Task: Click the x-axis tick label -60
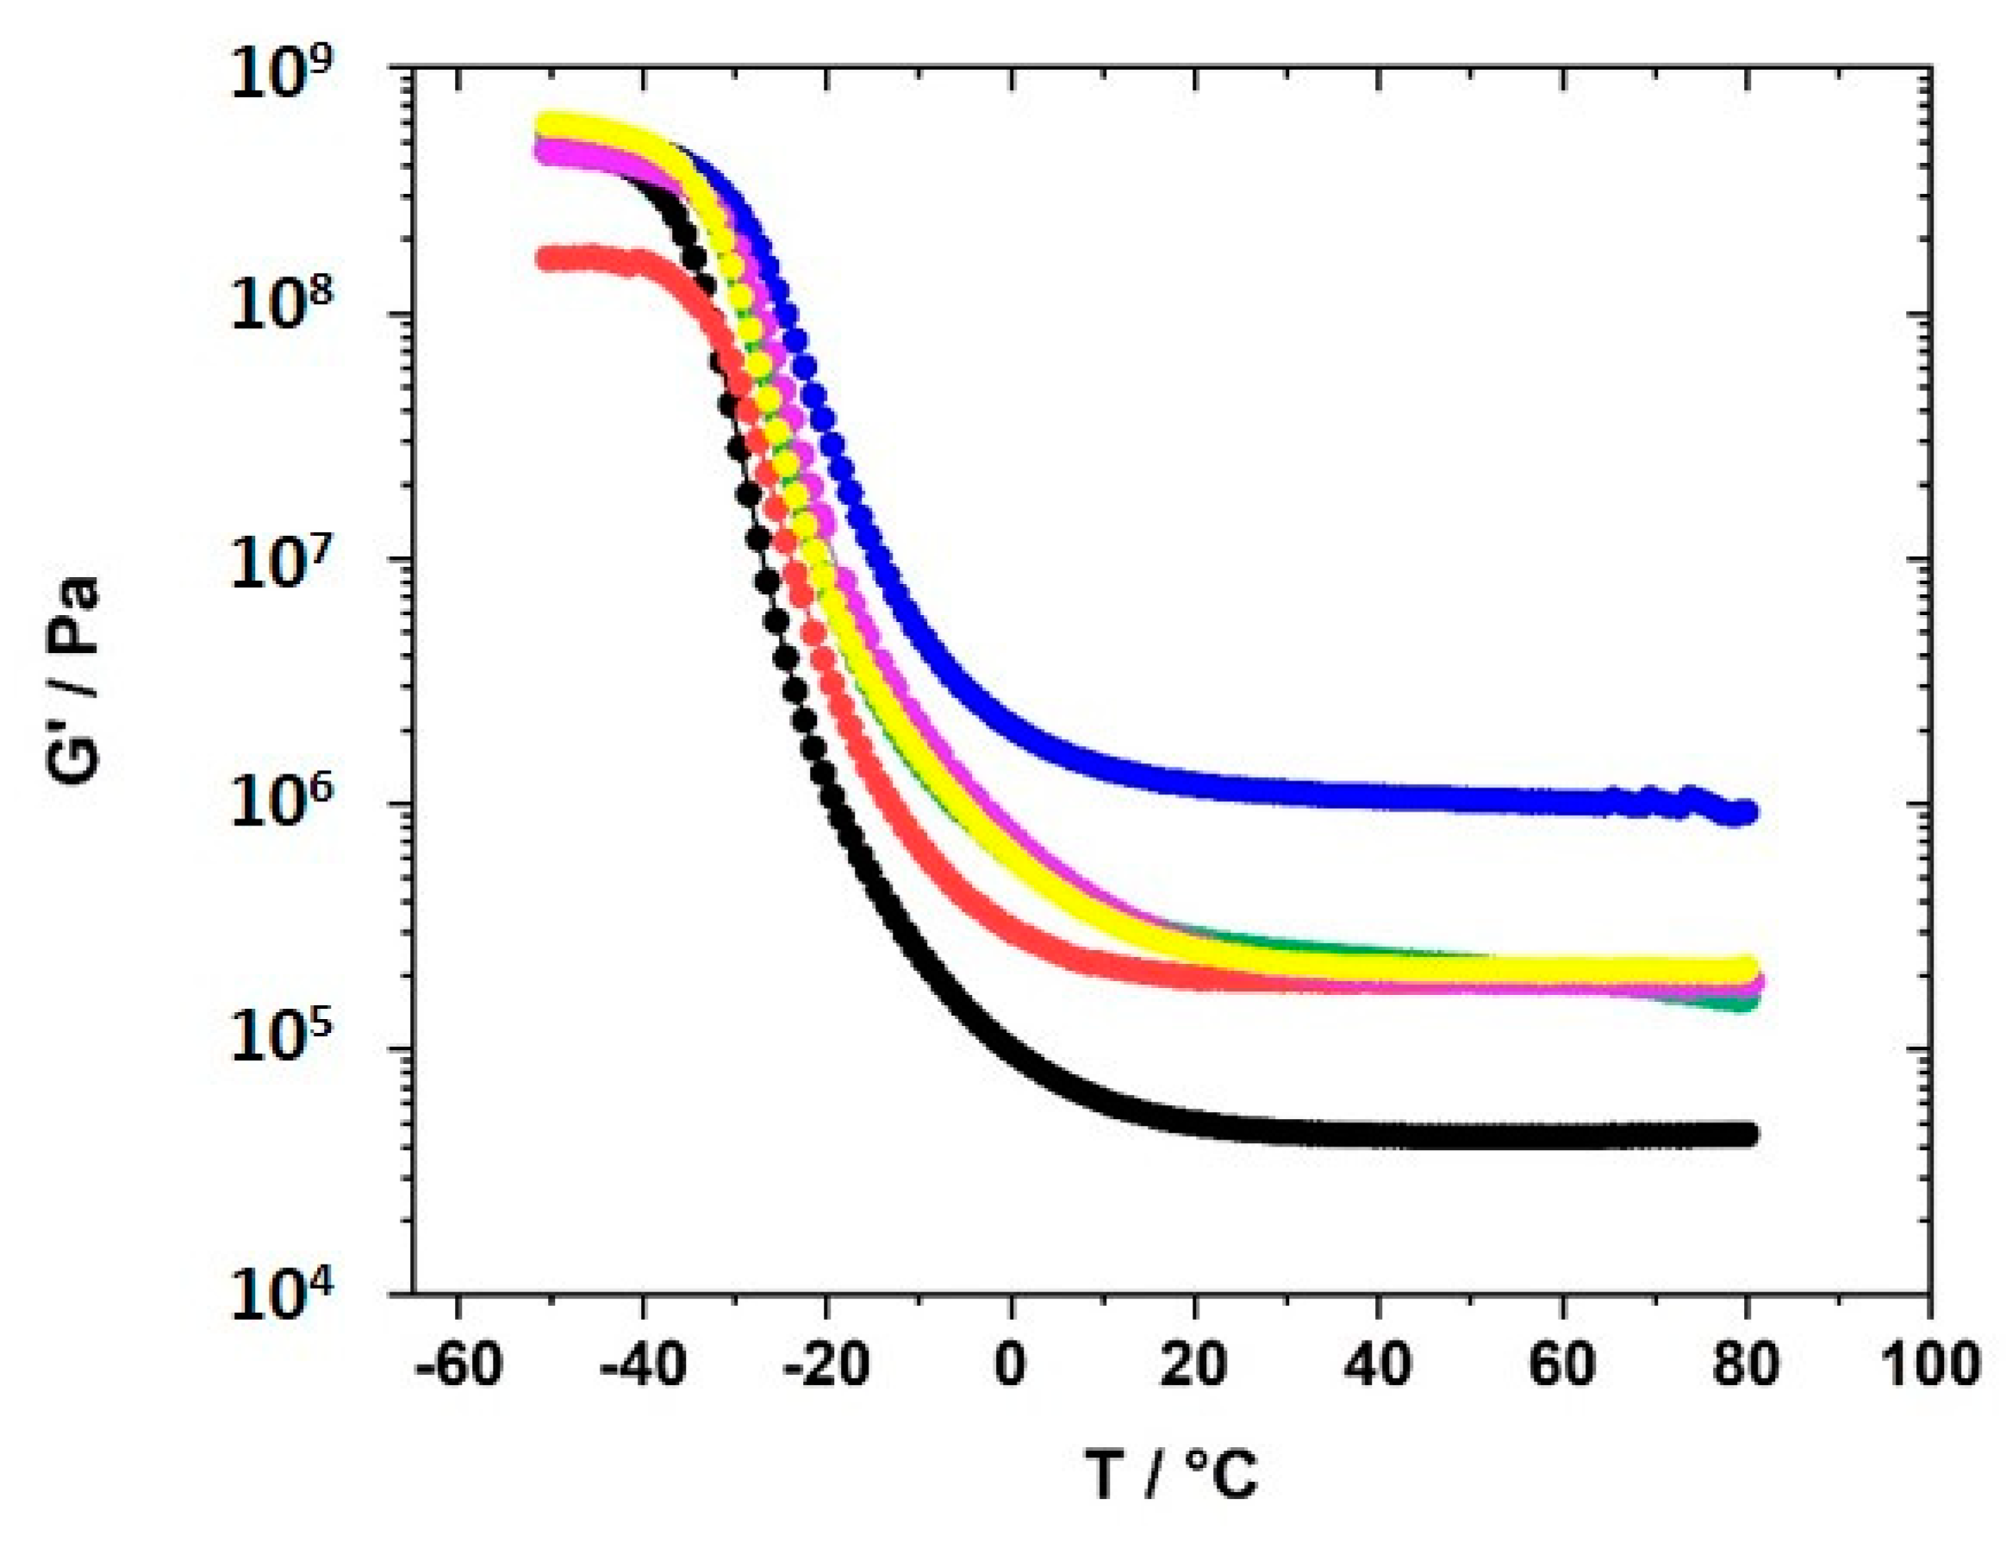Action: (x=458, y=1365)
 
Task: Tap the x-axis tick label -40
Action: (x=643, y=1365)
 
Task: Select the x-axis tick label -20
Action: (x=826, y=1365)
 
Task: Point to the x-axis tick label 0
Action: (x=1010, y=1365)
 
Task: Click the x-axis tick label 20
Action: (x=1193, y=1365)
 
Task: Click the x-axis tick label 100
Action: (x=1928, y=1365)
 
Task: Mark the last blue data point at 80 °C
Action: (x=1746, y=811)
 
